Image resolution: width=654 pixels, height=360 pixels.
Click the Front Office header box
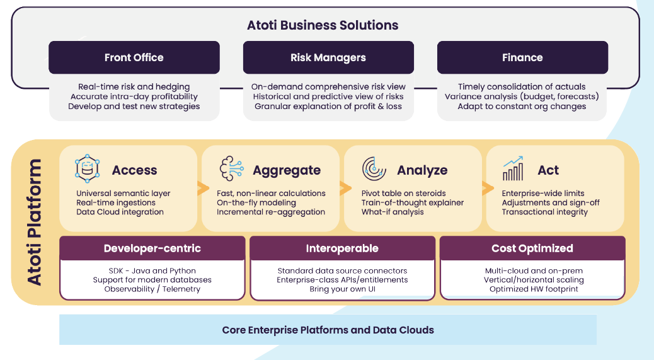pos(134,57)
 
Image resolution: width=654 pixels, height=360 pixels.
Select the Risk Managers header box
pos(328,57)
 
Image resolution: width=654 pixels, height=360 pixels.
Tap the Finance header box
pos(522,57)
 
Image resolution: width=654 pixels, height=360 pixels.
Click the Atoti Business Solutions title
pos(323,25)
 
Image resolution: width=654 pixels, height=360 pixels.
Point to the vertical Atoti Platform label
pos(35,222)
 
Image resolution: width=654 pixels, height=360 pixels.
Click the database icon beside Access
pos(87,169)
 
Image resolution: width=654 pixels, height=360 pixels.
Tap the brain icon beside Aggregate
pos(230,169)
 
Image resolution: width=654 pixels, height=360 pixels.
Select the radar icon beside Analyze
pos(374,169)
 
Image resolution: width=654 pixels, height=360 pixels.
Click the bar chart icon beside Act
pos(513,169)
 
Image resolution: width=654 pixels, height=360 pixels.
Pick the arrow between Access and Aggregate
pos(203,188)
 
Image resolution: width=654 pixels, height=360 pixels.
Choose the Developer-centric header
pos(152,248)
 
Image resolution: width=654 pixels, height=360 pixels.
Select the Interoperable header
pos(342,248)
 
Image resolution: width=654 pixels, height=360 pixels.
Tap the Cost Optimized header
pos(532,248)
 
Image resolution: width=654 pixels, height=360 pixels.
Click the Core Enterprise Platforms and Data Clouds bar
pos(328,330)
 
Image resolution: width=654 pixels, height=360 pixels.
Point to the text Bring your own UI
pos(342,289)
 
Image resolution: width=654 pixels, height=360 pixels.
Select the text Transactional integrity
pos(544,212)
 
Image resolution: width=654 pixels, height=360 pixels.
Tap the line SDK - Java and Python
pos(152,270)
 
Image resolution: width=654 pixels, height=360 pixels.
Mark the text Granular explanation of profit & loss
pos(328,107)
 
